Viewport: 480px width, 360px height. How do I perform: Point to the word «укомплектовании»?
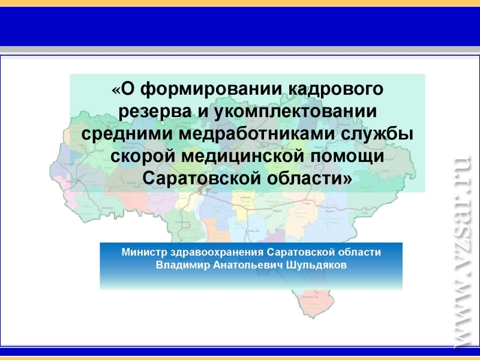pos(294,112)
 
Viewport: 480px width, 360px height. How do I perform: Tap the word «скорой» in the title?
pos(143,156)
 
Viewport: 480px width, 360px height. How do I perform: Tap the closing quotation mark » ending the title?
pos(348,179)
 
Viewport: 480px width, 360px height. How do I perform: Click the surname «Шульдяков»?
pos(317,265)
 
